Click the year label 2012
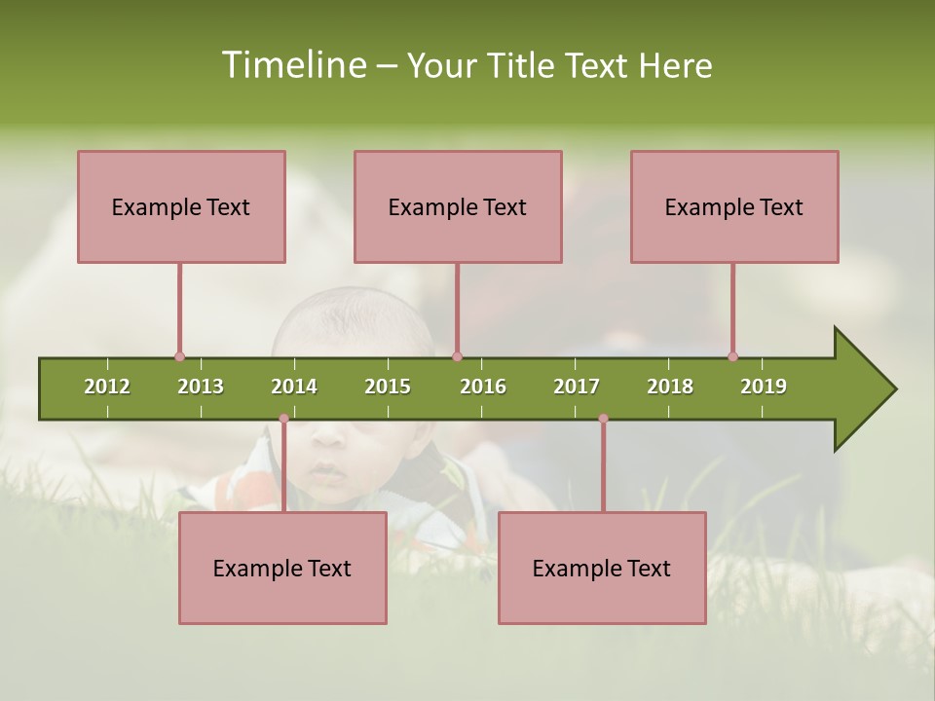pyautogui.click(x=107, y=387)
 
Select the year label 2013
pyautogui.click(x=201, y=387)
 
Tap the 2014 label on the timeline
pyautogui.click(x=294, y=387)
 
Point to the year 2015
pyautogui.click(x=388, y=387)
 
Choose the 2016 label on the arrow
pyautogui.click(x=483, y=387)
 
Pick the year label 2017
pyautogui.click(x=577, y=387)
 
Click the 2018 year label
pyautogui.click(x=670, y=387)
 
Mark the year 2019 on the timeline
pyautogui.click(x=764, y=387)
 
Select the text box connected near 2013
pyautogui.click(x=181, y=206)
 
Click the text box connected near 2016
pyautogui.click(x=458, y=206)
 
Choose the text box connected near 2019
pyautogui.click(x=734, y=206)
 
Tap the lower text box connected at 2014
pyautogui.click(x=282, y=568)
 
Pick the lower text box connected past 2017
pyautogui.click(x=602, y=568)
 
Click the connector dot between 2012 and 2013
pyautogui.click(x=179, y=356)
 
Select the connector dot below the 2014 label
pyautogui.click(x=283, y=419)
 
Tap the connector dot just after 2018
pyautogui.click(x=732, y=356)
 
